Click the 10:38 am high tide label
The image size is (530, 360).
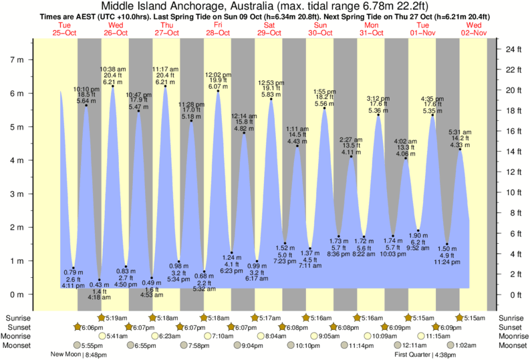pos(112,69)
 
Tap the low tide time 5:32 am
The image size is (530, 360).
pos(204,289)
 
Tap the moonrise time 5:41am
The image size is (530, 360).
pos(116,337)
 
